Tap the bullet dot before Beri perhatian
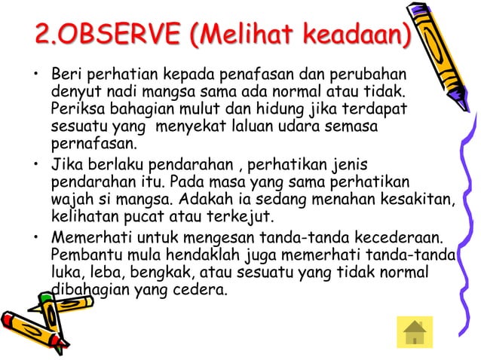coord(35,76)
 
